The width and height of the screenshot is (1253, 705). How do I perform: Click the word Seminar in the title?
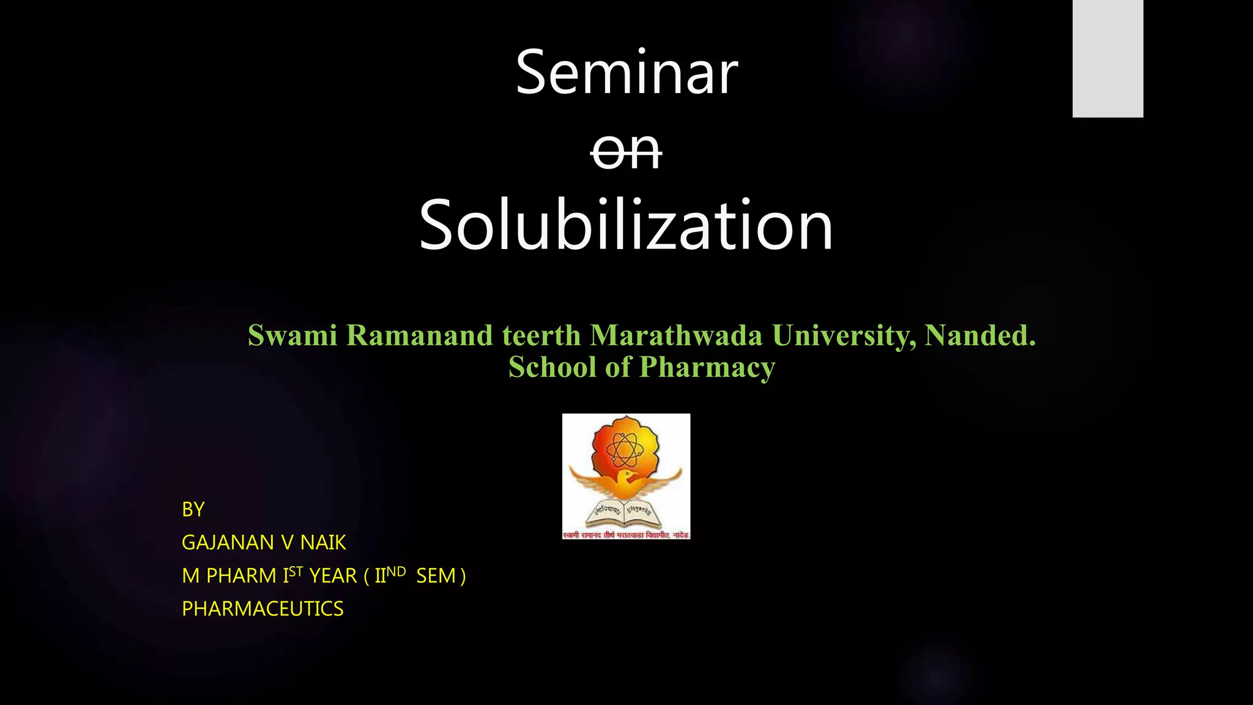(x=626, y=73)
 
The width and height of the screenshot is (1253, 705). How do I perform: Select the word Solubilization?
(x=626, y=225)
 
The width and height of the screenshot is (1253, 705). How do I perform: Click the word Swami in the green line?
(x=292, y=335)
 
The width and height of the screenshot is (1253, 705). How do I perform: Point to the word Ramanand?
(x=420, y=335)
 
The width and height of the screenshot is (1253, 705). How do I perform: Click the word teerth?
(x=541, y=335)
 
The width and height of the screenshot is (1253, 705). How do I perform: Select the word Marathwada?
(x=676, y=335)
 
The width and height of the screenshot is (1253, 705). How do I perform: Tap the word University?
(x=844, y=335)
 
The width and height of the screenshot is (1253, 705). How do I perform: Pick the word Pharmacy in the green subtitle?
(x=707, y=367)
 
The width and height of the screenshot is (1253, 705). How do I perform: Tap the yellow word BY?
(x=193, y=509)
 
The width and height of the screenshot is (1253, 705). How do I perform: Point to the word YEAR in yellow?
(x=333, y=576)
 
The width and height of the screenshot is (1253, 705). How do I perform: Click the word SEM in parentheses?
(x=436, y=576)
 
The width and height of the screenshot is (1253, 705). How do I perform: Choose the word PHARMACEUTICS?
(x=262, y=609)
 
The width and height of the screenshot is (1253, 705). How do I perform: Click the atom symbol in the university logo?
(x=623, y=450)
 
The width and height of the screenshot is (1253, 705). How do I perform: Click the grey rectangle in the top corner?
(x=1107, y=58)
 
